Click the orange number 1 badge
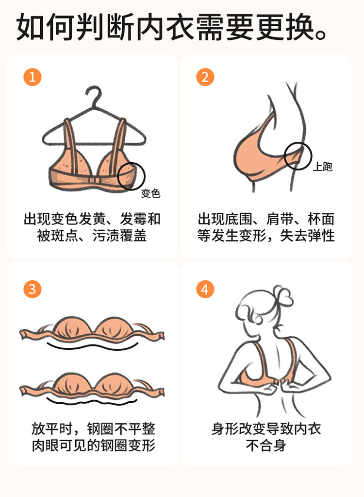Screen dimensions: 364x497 tap(33, 77)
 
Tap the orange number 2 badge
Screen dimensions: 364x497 tap(205, 77)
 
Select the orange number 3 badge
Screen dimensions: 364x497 tap(33, 289)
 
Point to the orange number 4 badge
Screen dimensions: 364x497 tap(205, 289)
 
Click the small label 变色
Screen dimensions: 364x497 tap(150, 193)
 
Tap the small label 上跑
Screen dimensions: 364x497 tap(323, 167)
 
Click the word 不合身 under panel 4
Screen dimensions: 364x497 tap(266, 446)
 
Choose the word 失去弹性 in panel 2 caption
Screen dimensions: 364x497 tap(307, 236)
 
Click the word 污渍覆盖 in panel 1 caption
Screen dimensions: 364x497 tap(120, 236)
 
